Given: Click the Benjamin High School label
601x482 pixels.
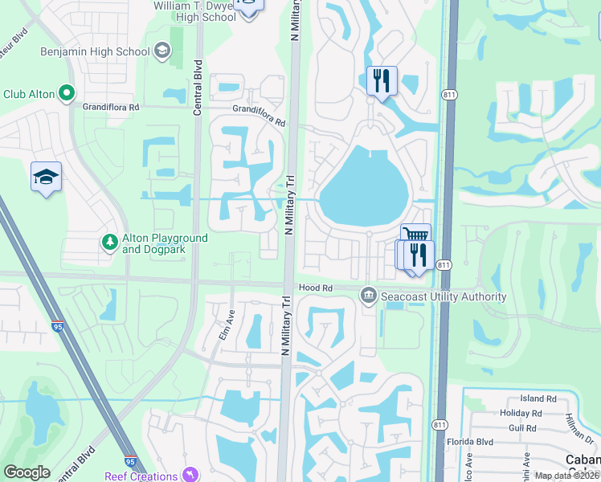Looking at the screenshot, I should [95, 52].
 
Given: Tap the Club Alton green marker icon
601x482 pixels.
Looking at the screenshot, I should [67, 94].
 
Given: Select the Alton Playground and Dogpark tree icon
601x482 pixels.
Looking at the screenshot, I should [110, 242].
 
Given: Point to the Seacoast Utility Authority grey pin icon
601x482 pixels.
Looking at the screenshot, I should [369, 296].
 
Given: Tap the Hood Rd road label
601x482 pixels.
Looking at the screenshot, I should [316, 288].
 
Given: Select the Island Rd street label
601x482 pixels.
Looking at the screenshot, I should [538, 398].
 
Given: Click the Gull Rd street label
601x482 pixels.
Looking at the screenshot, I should [522, 428].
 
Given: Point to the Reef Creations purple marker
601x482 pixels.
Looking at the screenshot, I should [190, 476].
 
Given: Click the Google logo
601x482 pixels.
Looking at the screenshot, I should [27, 472].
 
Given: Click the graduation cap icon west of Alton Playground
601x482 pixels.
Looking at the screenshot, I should [47, 177].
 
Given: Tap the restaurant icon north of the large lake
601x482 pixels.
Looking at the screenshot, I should [382, 80].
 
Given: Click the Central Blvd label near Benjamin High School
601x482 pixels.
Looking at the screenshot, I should [198, 87].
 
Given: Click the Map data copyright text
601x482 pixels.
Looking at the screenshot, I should [567, 476].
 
